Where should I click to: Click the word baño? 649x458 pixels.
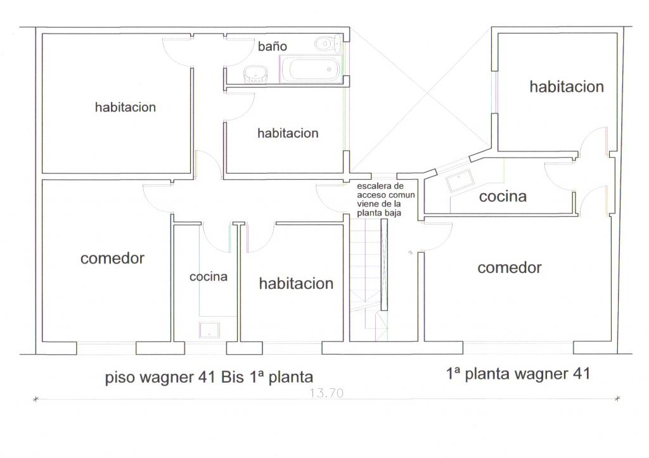273,46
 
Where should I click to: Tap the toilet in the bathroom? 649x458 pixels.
328,43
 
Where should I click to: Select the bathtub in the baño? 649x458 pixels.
311,68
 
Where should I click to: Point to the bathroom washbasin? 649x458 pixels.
255,74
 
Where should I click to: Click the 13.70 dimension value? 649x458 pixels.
326,393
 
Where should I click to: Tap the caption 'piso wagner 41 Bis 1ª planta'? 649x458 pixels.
209,378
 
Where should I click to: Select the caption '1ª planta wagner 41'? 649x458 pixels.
518,374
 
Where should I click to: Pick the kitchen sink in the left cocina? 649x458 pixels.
209,330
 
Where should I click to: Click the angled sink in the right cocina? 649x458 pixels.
459,181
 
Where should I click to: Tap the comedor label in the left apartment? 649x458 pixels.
112,258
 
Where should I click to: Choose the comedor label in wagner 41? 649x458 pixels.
510,268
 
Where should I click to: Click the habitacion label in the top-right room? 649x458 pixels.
567,87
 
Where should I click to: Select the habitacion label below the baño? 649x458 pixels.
288,133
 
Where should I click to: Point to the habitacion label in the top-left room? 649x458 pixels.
125,107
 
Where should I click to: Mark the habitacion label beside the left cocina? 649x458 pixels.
296,283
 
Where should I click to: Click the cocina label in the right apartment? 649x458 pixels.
503,196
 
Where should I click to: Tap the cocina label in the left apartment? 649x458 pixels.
208,276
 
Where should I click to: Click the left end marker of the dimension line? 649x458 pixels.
36,399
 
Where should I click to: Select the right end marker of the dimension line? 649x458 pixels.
617,398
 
